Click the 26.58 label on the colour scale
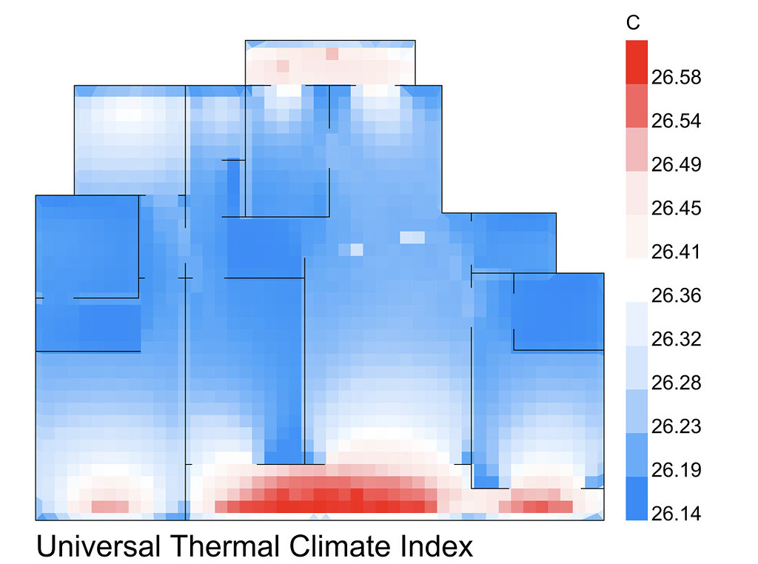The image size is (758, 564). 675,77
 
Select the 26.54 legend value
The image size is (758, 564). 675,121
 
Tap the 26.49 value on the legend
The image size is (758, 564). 675,164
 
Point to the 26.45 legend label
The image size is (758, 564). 675,208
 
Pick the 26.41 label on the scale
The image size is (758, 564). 675,252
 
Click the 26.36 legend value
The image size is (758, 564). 675,295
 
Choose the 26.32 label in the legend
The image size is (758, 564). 675,339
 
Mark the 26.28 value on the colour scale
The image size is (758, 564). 675,383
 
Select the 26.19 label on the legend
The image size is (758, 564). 675,470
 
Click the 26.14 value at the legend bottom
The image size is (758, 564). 675,514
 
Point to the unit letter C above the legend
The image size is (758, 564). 634,24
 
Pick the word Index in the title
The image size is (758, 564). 438,547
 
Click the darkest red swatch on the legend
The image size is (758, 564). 637,62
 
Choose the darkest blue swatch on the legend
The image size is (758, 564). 637,498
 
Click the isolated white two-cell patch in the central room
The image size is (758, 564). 413,238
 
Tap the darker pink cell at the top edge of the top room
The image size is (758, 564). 332,53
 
